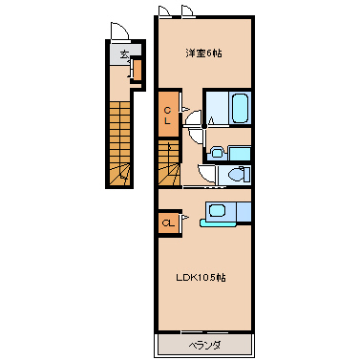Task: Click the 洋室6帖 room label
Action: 203,53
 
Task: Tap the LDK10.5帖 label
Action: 201,278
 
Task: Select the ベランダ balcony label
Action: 204,345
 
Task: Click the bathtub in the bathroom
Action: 240,108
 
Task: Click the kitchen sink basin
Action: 217,210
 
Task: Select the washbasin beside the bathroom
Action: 217,152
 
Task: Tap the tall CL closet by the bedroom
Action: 168,114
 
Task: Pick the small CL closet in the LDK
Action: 168,223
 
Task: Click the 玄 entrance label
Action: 124,54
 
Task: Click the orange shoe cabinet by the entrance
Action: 138,70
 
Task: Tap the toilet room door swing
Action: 206,174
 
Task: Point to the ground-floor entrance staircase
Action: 120,143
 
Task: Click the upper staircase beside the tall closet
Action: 169,162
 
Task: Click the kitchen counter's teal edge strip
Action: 218,222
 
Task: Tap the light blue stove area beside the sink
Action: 244,211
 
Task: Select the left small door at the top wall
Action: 165,11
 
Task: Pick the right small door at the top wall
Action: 188,11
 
